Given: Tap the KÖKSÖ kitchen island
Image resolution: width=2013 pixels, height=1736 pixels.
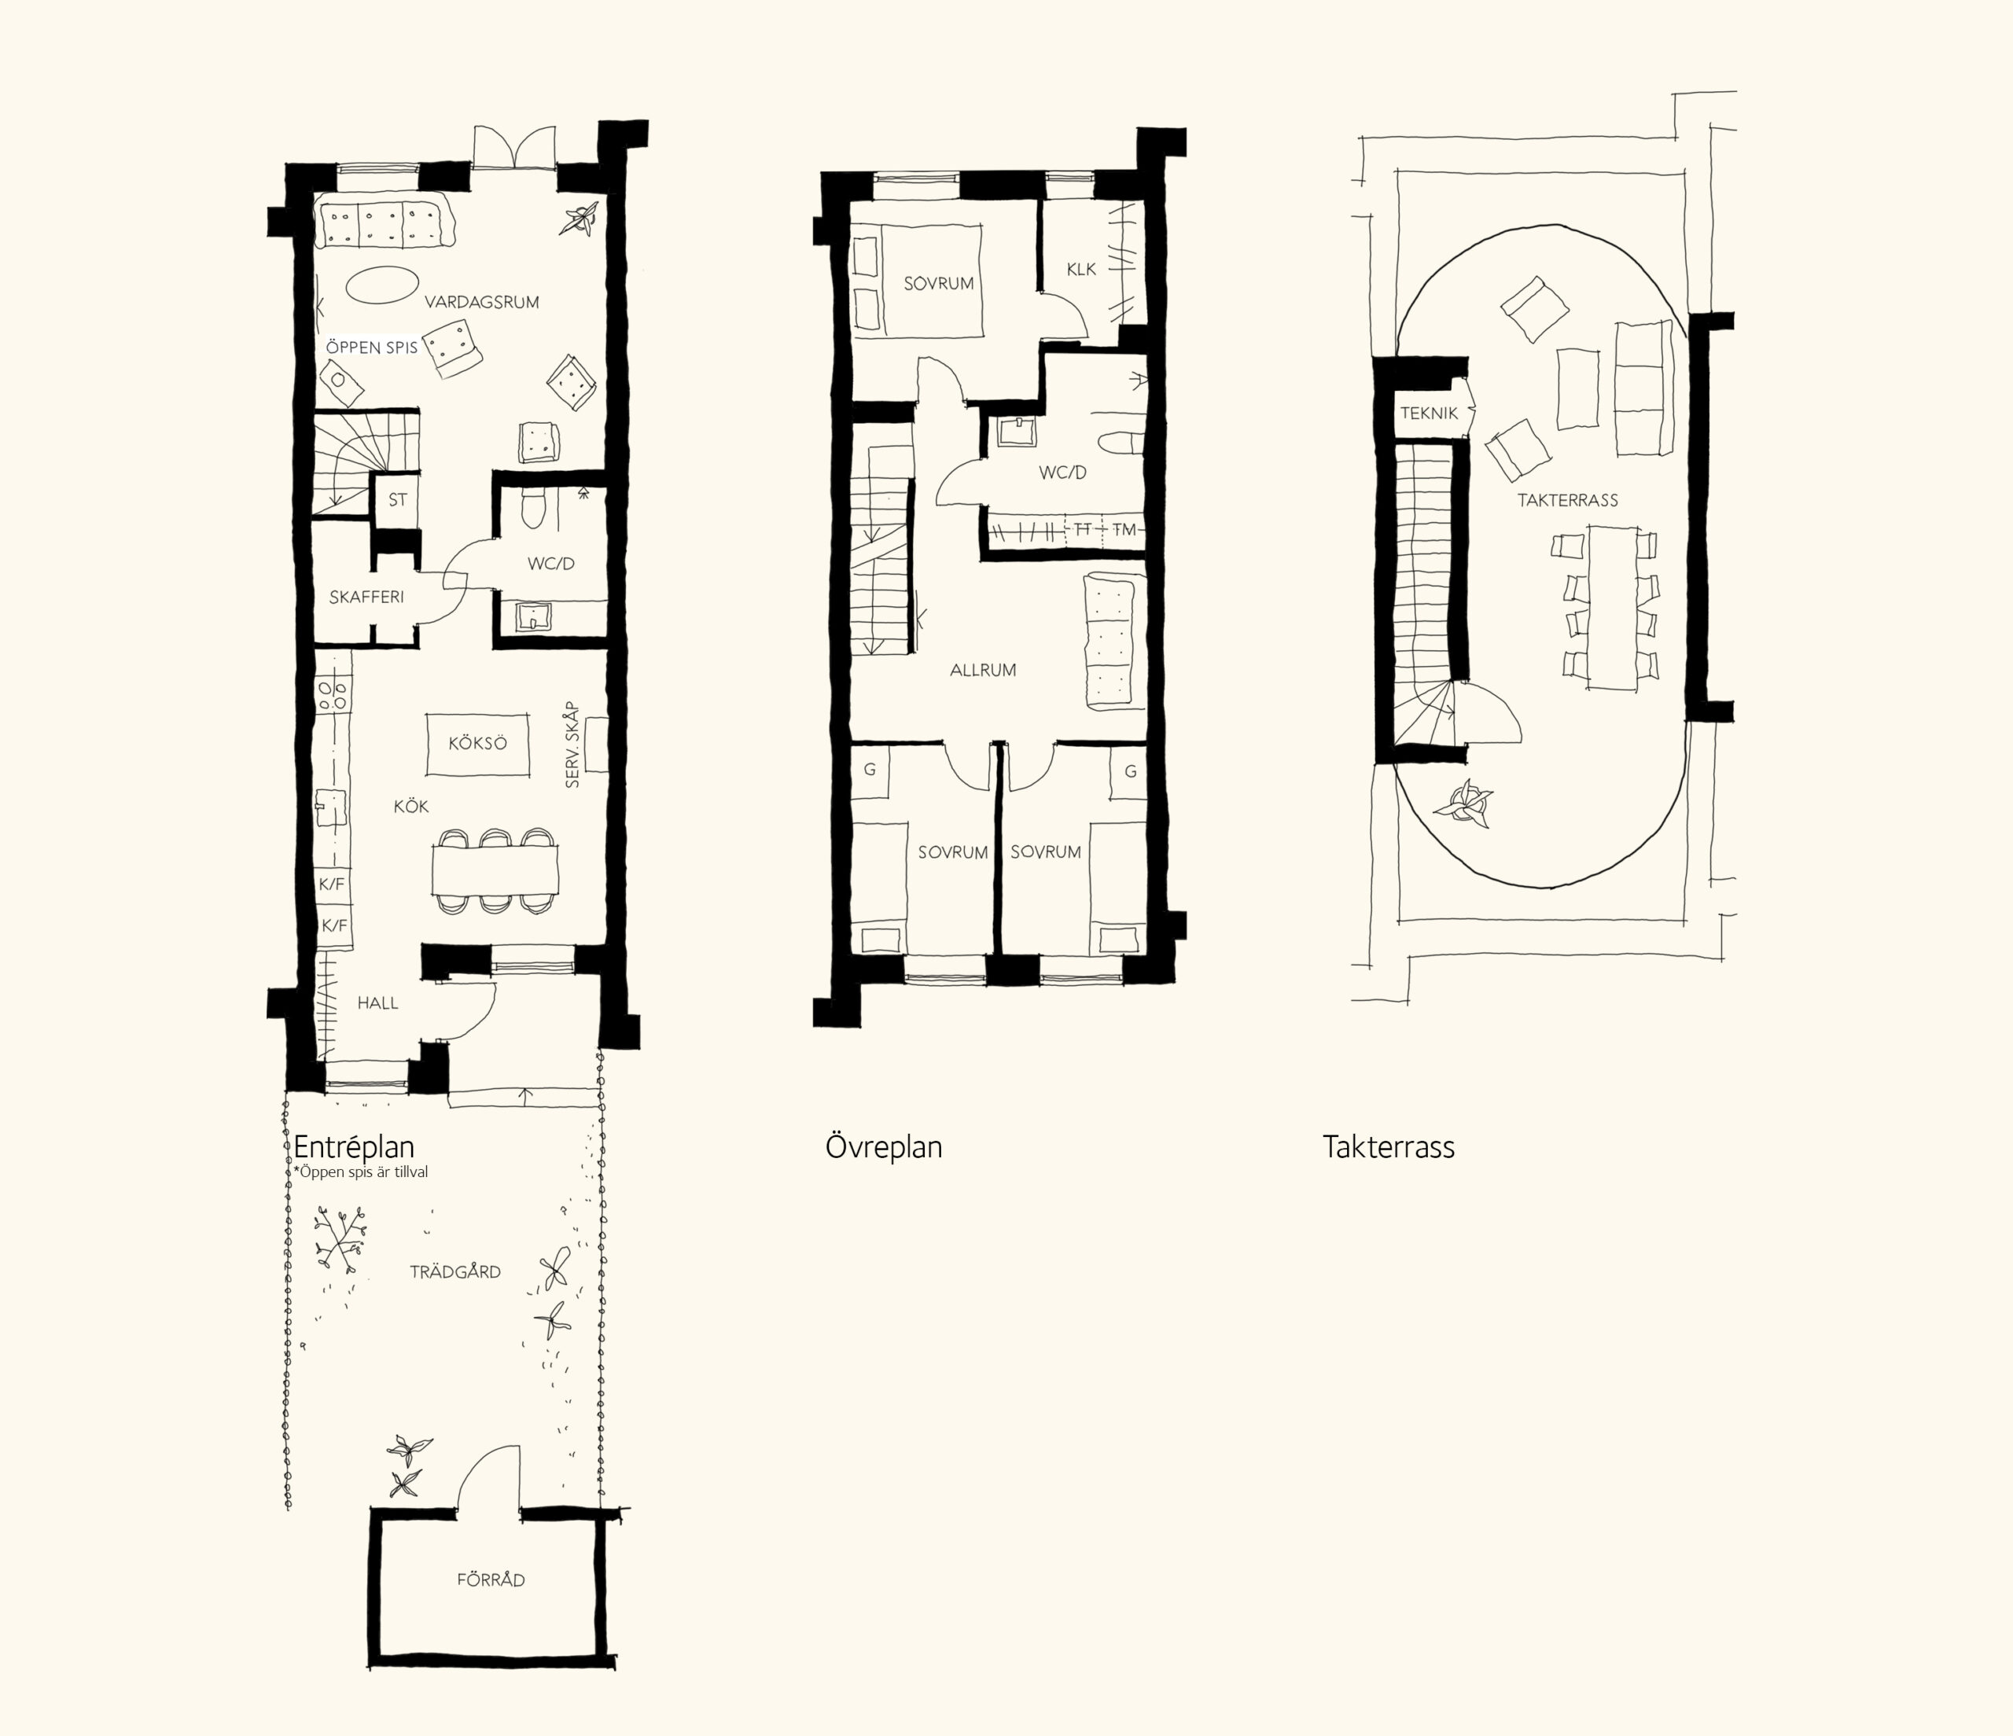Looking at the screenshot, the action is point(478,744).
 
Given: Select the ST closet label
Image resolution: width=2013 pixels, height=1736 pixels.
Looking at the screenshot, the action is point(397,500).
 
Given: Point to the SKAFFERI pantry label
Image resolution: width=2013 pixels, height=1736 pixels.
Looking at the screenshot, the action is point(366,598).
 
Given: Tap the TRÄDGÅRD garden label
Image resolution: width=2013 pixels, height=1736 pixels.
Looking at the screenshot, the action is point(454,1271).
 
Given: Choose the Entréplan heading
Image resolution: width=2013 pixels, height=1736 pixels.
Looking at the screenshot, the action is point(354,1147).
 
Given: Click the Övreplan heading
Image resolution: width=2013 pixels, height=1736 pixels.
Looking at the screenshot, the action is point(883,1147).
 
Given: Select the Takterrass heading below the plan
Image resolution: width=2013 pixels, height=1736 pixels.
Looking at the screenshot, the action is point(1389,1147).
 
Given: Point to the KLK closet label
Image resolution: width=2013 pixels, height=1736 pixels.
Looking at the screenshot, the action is point(1081,269).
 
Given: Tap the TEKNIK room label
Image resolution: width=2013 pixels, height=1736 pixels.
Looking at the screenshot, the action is point(1429,413).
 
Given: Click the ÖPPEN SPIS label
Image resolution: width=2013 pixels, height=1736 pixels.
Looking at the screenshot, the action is point(372,347).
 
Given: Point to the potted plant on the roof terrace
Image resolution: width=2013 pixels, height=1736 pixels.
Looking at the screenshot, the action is point(1465,804).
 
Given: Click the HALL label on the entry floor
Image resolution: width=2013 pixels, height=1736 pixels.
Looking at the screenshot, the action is point(378,1002).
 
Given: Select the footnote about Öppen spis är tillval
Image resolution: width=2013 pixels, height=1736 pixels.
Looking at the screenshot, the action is point(360,1172).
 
